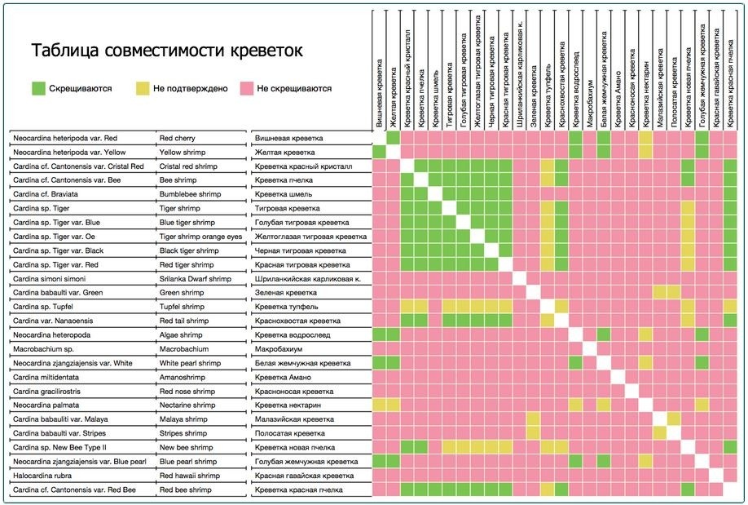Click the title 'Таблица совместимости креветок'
pos(167,51)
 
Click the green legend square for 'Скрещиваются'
pos(38,87)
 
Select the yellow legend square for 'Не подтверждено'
pos(143,87)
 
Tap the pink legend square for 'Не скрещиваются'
pos(246,87)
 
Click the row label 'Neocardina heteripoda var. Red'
pos(65,139)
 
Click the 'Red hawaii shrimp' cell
pos(189,475)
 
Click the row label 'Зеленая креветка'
pos(286,292)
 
